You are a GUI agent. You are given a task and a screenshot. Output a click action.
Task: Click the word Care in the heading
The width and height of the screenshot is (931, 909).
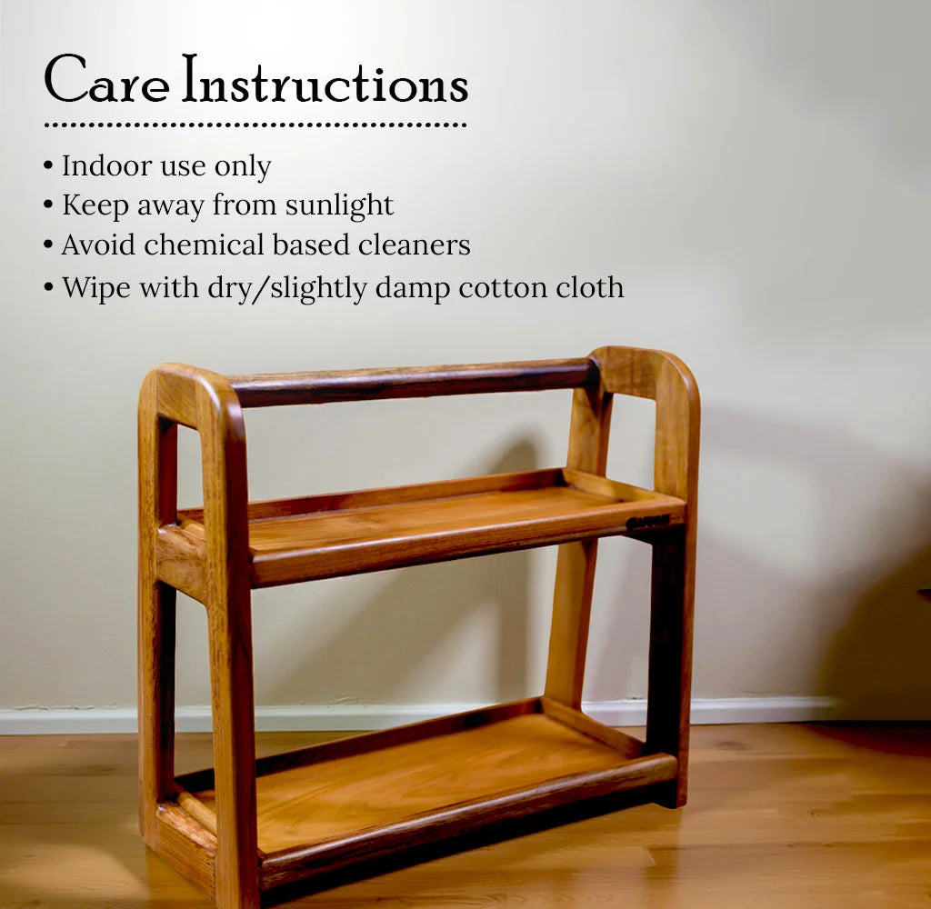tap(106, 81)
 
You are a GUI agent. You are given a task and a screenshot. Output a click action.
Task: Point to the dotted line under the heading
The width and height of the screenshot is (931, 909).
tap(255, 125)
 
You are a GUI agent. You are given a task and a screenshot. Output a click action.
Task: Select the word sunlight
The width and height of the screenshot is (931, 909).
tap(339, 206)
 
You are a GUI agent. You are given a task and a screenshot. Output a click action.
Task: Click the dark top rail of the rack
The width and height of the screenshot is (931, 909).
tap(409, 383)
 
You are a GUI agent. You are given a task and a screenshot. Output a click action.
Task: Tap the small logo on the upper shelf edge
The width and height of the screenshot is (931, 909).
tap(647, 522)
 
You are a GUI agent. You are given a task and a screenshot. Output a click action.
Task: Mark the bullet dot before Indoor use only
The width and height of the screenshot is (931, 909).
tap(48, 167)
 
